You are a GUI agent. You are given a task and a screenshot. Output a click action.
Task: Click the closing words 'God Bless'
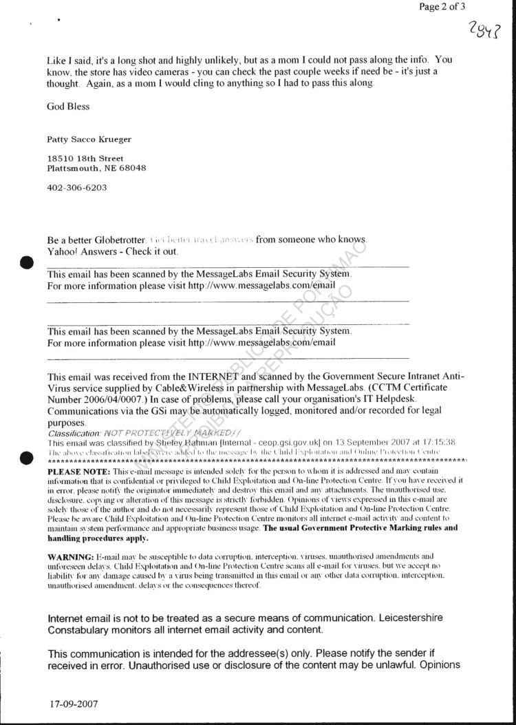[68, 107]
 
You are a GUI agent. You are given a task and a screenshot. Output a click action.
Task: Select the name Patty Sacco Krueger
[89, 139]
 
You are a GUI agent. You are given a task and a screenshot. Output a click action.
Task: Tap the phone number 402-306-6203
[76, 187]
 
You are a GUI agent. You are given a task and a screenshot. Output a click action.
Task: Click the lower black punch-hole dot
[27, 456]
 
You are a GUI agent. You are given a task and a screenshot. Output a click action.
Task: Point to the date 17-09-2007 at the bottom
[74, 705]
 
